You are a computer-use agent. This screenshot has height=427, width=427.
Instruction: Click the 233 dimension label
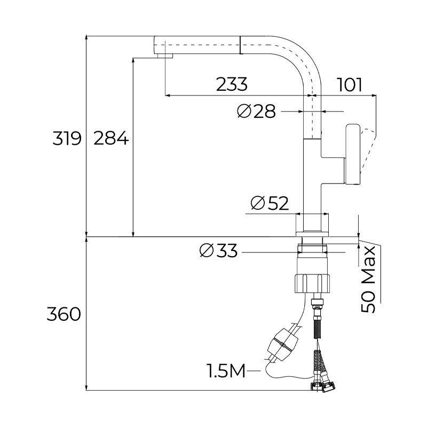click(x=232, y=84)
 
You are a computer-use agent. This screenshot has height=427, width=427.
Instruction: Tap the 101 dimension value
click(x=350, y=84)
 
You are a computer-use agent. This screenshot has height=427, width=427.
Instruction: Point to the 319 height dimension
click(x=66, y=139)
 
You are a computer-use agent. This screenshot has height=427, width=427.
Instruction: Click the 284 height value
click(x=111, y=139)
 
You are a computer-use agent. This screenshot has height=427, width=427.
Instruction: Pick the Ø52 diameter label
click(x=269, y=203)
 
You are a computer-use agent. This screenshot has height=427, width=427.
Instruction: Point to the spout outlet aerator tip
click(x=165, y=56)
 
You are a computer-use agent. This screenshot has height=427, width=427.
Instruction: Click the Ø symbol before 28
click(x=244, y=111)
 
